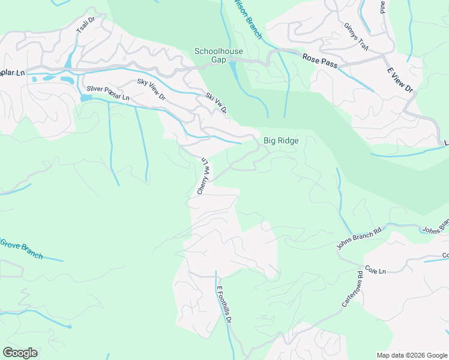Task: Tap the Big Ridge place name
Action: tap(281, 140)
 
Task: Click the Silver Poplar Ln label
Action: tap(108, 92)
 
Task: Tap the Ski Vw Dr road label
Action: tap(216, 103)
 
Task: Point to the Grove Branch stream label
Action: tap(21, 248)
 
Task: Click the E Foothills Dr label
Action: tap(224, 304)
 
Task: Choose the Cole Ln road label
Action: tap(375, 271)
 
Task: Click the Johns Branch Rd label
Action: tap(359, 239)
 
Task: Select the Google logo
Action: tap(20, 352)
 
